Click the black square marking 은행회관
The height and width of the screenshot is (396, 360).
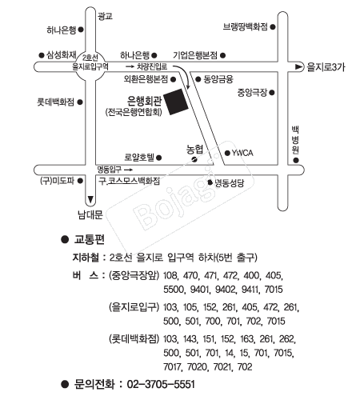(x=176, y=102)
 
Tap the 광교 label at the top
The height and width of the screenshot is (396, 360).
(x=105, y=16)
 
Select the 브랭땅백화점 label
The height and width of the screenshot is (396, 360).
(x=246, y=26)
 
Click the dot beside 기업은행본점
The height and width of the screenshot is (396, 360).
(x=223, y=55)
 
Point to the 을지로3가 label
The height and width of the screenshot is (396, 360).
(x=326, y=67)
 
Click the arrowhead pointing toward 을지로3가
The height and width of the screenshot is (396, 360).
(x=299, y=66)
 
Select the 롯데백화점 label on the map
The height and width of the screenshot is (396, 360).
(x=55, y=102)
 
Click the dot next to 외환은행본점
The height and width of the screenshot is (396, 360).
(x=173, y=79)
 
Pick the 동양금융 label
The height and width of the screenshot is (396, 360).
(x=218, y=79)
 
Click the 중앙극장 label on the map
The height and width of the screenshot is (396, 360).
(x=252, y=93)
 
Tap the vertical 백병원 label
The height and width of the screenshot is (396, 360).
(x=295, y=140)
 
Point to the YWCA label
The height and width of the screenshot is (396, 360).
(x=242, y=153)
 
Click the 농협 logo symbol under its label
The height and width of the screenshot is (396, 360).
(x=194, y=159)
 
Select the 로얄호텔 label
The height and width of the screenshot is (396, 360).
(x=139, y=158)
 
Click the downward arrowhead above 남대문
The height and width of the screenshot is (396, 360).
(x=90, y=199)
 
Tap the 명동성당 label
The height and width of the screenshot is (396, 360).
(x=230, y=183)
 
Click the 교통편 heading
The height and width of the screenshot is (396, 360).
(x=89, y=239)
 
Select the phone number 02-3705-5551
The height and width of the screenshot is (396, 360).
(x=161, y=384)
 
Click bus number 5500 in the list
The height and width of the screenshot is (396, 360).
(x=174, y=290)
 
